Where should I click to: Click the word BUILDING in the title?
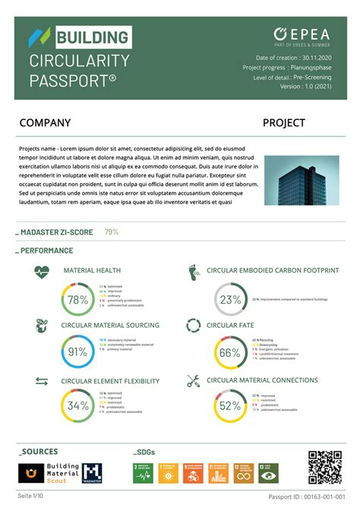91,37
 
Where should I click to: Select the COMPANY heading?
45,123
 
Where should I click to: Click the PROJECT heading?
284,123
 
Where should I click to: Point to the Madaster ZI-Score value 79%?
112,232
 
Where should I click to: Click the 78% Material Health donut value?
77,300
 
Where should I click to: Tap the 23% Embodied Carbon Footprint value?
230,300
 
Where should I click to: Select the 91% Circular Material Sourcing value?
77,352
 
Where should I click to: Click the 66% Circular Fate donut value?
229,353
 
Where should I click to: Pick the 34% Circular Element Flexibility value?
77,406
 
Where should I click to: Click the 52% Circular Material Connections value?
229,406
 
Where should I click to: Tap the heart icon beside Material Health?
42,271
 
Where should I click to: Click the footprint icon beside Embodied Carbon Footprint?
193,272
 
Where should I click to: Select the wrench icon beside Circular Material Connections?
193,381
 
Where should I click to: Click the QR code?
325,468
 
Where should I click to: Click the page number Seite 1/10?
31,496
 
